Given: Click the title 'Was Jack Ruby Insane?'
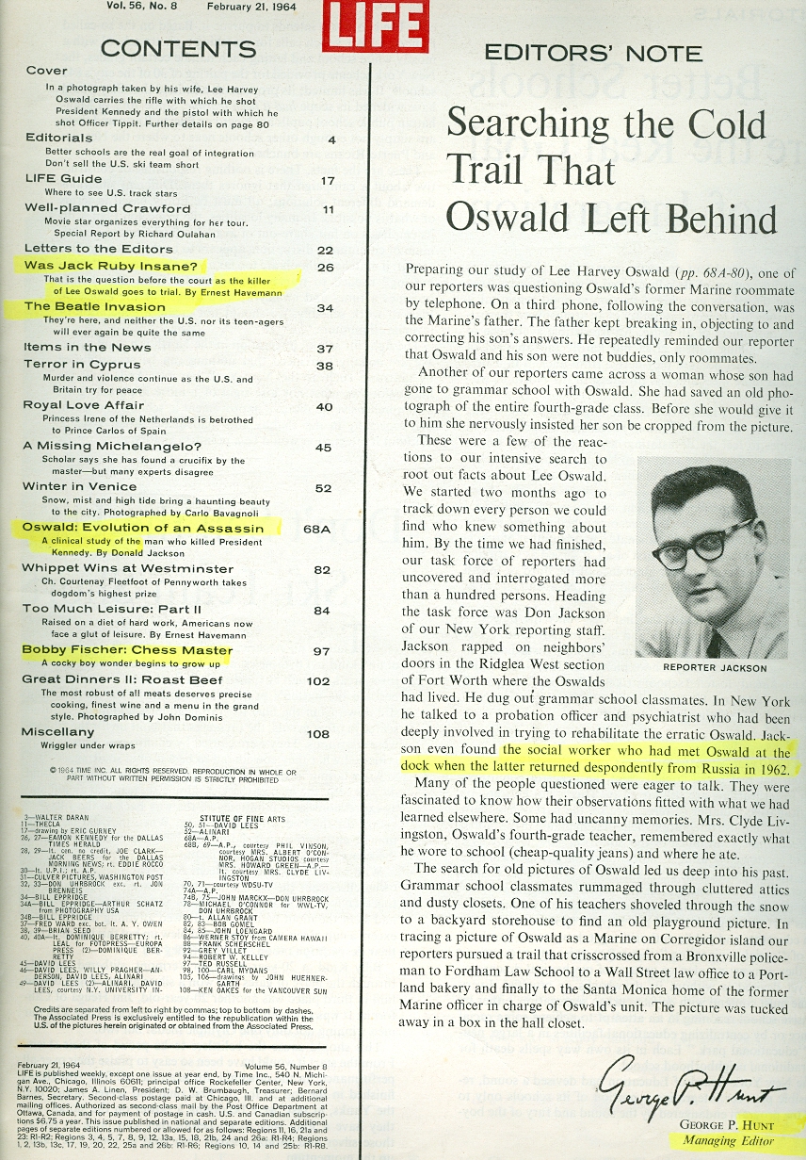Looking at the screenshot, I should coord(110,266).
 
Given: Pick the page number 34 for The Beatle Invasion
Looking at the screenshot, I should coord(326,307).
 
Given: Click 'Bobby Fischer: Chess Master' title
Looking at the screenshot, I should coord(128,650).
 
